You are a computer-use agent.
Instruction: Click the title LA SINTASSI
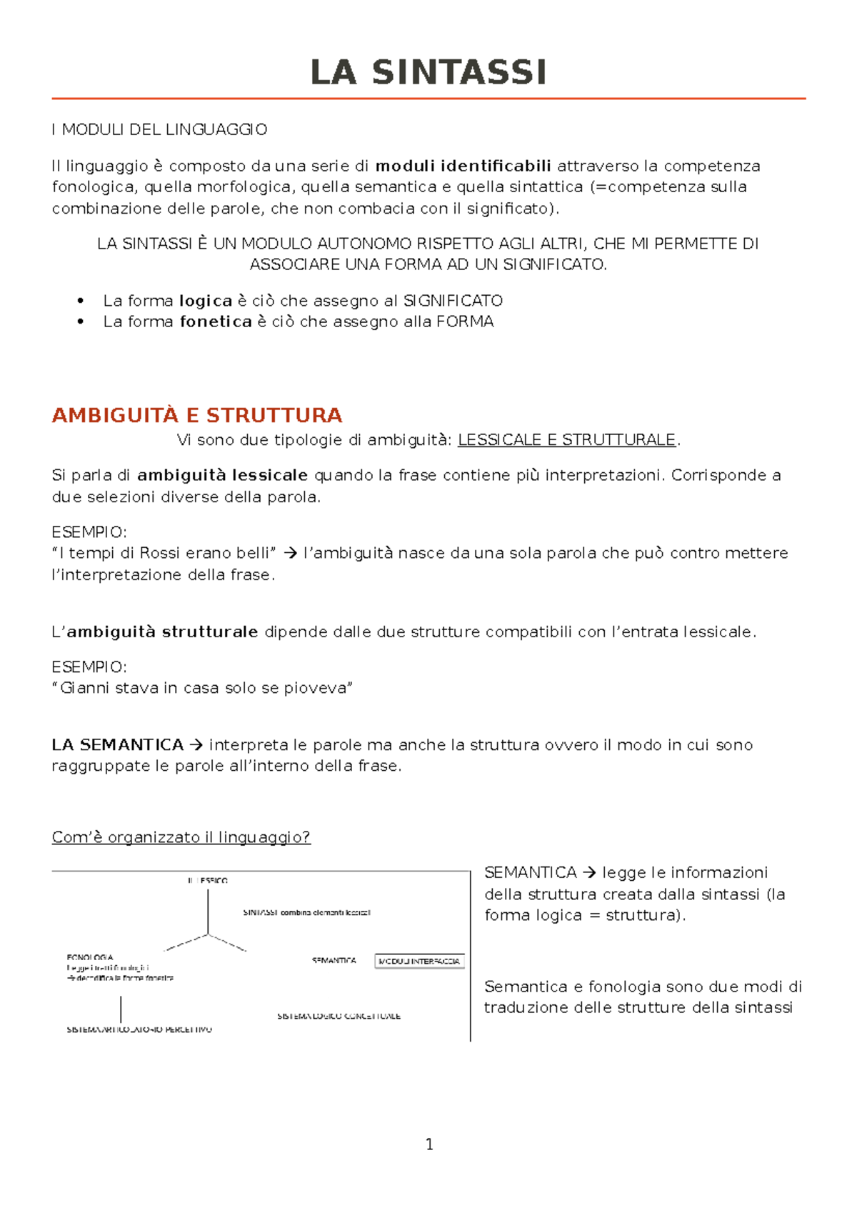tap(428, 72)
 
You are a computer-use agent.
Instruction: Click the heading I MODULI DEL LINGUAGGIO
tap(159, 129)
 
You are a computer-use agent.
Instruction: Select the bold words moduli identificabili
tap(463, 166)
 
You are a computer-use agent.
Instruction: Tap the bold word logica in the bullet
tap(206, 301)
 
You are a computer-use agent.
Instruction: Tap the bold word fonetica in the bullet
tap(216, 321)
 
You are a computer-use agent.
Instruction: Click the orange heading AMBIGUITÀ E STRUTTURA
tap(197, 415)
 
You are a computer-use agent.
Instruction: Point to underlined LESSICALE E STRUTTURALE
tap(566, 440)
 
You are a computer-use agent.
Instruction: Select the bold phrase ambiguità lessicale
tap(222, 475)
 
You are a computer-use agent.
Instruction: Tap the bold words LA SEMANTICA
tap(118, 745)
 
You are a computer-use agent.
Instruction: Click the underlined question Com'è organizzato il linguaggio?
tap(181, 837)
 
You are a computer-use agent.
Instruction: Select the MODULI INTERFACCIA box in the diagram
tap(419, 962)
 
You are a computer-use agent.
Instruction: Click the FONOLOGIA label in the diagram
tap(90, 957)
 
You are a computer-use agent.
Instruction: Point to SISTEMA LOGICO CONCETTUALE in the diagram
tap(339, 1016)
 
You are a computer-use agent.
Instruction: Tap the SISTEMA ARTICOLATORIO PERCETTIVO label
tap(139, 1030)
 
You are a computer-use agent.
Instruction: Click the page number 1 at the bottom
tap(429, 1144)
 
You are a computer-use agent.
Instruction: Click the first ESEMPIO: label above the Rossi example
tap(89, 532)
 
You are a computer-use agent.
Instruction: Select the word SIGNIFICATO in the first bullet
tap(453, 301)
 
